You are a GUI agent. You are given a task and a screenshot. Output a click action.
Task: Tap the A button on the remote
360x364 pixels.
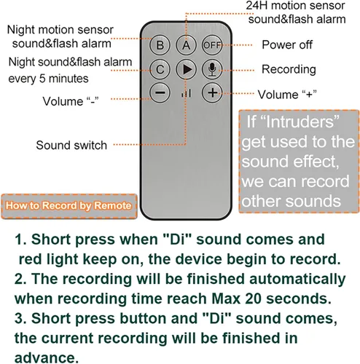click(x=186, y=45)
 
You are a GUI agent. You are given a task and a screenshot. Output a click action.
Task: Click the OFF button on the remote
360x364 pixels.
click(x=212, y=45)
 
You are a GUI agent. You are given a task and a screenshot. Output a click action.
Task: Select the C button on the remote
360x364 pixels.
click(x=160, y=70)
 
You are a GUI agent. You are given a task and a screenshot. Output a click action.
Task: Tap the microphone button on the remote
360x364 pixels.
click(x=212, y=70)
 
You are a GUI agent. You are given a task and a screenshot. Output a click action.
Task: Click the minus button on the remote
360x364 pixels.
click(x=160, y=92)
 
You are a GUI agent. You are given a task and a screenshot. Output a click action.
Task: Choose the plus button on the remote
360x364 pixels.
click(x=213, y=92)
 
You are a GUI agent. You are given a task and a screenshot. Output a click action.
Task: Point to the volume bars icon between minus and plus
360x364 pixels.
click(x=187, y=93)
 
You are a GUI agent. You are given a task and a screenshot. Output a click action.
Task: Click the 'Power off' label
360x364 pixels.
click(x=287, y=44)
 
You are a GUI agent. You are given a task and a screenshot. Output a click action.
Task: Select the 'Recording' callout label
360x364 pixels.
click(x=289, y=70)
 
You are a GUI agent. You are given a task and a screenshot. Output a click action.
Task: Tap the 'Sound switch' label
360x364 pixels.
click(x=71, y=146)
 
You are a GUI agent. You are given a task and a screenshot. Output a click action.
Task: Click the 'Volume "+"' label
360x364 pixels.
click(x=287, y=95)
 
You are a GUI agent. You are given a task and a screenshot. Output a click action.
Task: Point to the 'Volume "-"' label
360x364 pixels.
click(x=71, y=101)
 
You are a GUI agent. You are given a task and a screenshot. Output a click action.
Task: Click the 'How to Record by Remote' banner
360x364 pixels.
click(x=69, y=206)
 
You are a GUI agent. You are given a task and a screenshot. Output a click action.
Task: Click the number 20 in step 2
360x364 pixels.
click(x=253, y=298)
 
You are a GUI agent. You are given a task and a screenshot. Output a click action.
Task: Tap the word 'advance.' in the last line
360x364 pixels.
click(x=47, y=357)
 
